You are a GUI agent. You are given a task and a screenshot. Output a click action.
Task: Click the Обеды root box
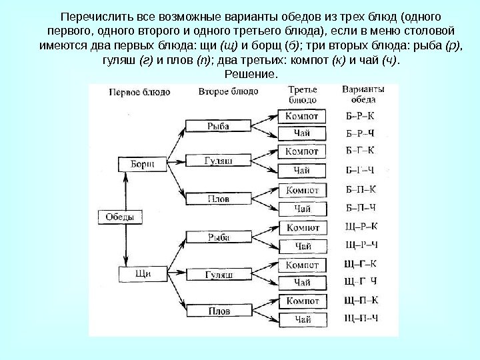121,217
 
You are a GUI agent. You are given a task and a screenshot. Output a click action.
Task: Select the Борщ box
138,163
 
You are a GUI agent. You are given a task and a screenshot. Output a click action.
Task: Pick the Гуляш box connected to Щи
219,275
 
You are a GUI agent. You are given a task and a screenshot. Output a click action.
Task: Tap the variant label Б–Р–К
361,116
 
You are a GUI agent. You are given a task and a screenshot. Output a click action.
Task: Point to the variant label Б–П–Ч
361,207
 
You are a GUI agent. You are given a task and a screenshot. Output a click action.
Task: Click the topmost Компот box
302,116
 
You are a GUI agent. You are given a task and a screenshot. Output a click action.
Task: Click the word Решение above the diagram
250,73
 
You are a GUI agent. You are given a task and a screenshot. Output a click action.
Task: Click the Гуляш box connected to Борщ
219,161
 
